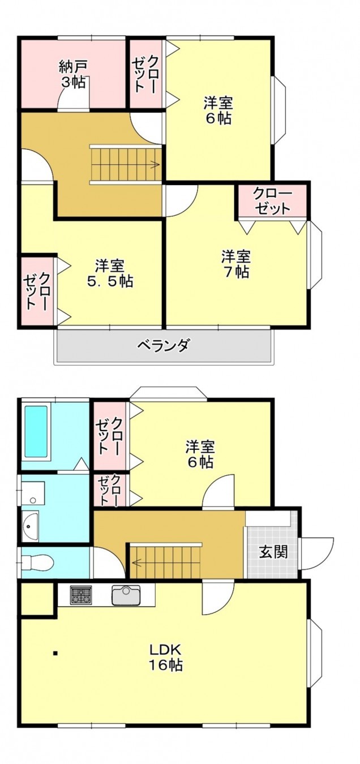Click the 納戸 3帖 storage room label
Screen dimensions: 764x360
pos(72,74)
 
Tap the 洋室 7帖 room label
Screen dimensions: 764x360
pos(235,264)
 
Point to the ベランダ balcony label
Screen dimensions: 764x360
pos(164,345)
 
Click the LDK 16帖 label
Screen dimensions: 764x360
pos(165,657)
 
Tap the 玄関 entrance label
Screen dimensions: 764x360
pos(273,552)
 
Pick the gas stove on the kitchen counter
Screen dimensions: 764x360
pos(81,595)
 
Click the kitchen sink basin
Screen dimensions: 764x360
pos(126,595)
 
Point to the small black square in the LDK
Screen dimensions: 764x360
pos(55,654)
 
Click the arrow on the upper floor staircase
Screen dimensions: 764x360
pos(154,165)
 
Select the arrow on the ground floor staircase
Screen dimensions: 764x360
pos(136,562)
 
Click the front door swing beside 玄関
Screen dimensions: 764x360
pos(315,553)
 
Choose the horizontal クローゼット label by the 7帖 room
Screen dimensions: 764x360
pos(273,201)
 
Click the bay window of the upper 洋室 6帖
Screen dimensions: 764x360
pos(280,110)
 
